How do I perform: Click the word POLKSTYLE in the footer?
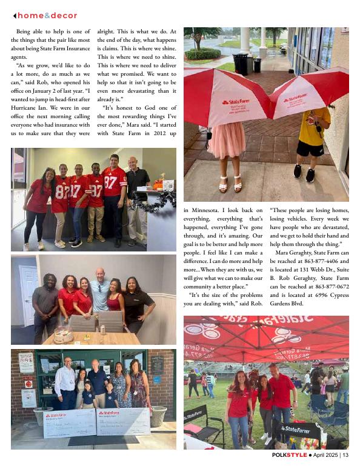pyautogui.click(x=289, y=454)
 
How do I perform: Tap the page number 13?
pyautogui.click(x=345, y=454)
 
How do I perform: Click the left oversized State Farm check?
pyautogui.click(x=70, y=422)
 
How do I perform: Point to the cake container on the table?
pyautogui.click(x=63, y=335)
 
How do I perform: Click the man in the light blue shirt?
pyautogui.click(x=100, y=294)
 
